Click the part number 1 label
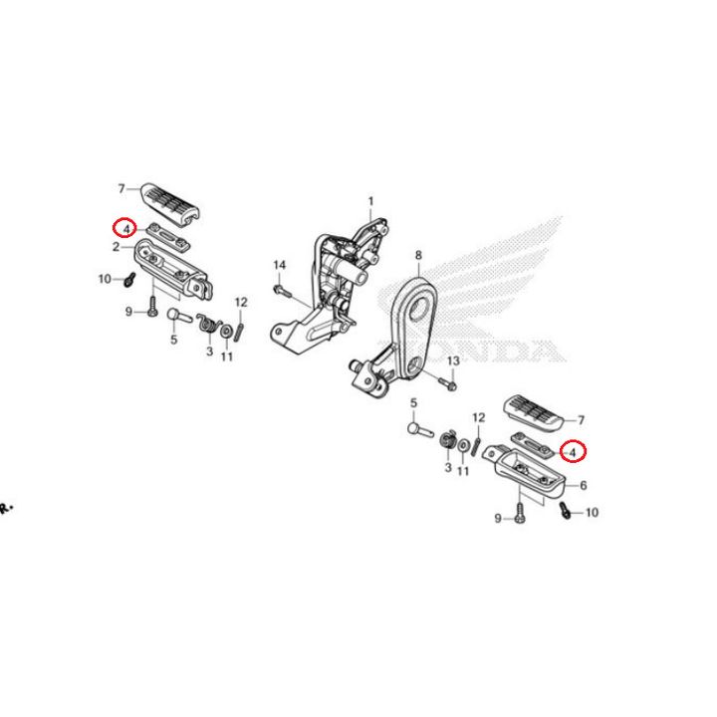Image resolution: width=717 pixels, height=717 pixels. pyautogui.click(x=370, y=201)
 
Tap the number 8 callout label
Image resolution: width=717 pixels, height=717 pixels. pyautogui.click(x=418, y=255)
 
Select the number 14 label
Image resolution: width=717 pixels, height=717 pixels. pyautogui.click(x=280, y=265)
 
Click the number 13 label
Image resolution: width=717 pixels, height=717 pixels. pyautogui.click(x=453, y=361)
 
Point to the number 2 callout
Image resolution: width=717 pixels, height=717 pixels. pyautogui.click(x=117, y=247)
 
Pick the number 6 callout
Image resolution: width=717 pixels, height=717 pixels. pyautogui.click(x=583, y=485)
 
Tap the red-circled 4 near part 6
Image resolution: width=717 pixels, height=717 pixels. pyautogui.click(x=574, y=452)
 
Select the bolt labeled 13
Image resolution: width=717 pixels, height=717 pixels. pyautogui.click(x=447, y=383)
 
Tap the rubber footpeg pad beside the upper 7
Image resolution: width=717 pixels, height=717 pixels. pyautogui.click(x=170, y=203)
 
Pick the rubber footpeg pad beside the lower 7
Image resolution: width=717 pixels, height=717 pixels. pyautogui.click(x=533, y=413)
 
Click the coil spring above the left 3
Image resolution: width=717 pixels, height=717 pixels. pyautogui.click(x=208, y=323)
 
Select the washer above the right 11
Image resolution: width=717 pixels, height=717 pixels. pyautogui.click(x=463, y=445)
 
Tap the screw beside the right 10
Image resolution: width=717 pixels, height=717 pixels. pyautogui.click(x=566, y=510)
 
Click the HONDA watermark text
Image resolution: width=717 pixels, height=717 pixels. pyautogui.click(x=471, y=352)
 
